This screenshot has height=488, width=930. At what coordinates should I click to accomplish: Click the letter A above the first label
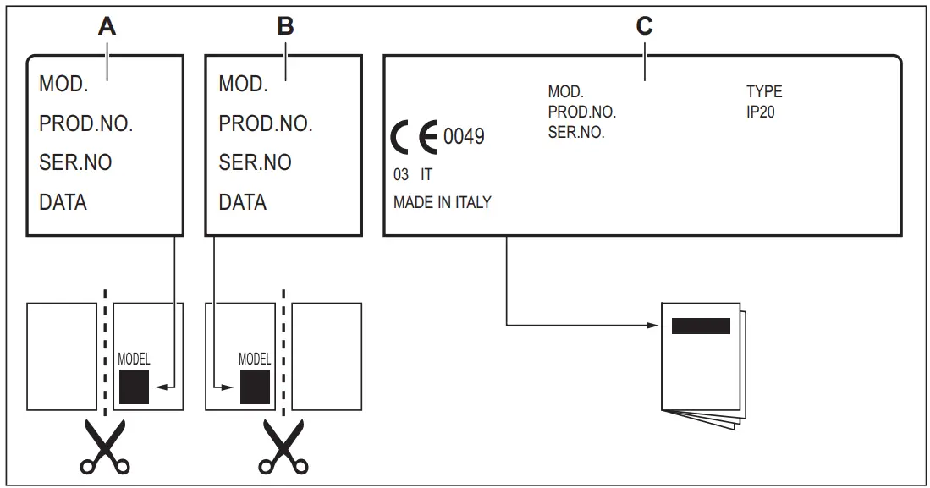(107, 27)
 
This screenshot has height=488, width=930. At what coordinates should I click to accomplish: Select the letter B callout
(286, 27)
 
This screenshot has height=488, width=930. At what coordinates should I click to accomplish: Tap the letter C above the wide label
(645, 27)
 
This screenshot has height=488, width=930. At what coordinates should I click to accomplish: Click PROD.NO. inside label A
(86, 123)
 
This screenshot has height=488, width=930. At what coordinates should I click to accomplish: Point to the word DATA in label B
(243, 202)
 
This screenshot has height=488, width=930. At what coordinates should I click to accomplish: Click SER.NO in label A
(75, 162)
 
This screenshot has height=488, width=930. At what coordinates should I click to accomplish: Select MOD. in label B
(243, 84)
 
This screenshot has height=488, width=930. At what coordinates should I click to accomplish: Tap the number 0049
(464, 136)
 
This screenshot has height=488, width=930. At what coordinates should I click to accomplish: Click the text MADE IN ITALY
(442, 203)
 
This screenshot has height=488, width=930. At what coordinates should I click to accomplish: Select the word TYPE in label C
(763, 91)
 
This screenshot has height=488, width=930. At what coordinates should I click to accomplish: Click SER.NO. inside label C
(576, 132)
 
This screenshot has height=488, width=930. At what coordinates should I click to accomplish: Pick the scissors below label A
(105, 449)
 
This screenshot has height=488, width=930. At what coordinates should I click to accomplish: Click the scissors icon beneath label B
(283, 449)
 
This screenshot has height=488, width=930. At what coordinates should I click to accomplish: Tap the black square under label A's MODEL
(134, 387)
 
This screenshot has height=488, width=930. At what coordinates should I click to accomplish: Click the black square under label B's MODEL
(255, 387)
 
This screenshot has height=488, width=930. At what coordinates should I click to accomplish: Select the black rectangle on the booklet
(700, 326)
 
